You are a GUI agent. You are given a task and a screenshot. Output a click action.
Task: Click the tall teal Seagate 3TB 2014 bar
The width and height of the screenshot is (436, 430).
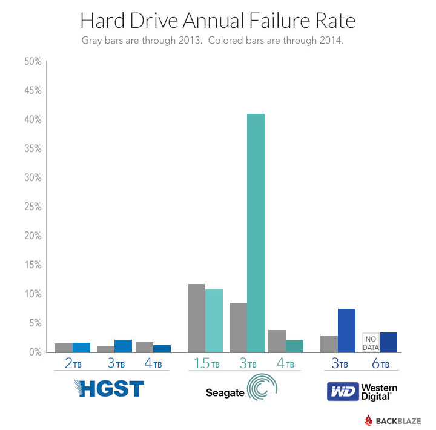(256, 233)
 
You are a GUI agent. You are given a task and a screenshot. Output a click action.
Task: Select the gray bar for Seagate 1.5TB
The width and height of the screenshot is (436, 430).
(197, 318)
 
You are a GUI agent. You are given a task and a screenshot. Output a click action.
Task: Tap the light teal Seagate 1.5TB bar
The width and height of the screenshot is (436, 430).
(214, 320)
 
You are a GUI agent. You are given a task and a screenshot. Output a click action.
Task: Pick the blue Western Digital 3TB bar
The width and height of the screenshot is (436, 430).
(346, 330)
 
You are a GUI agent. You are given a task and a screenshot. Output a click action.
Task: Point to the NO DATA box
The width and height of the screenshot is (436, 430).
(371, 342)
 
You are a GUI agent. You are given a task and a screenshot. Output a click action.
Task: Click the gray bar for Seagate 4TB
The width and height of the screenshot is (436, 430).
(277, 341)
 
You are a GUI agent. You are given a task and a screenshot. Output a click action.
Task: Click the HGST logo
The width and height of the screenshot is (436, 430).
(109, 388)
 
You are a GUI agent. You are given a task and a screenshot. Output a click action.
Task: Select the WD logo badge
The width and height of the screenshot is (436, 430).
(342, 391)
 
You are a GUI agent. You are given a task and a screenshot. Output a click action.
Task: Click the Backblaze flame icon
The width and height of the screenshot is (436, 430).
(369, 420)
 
